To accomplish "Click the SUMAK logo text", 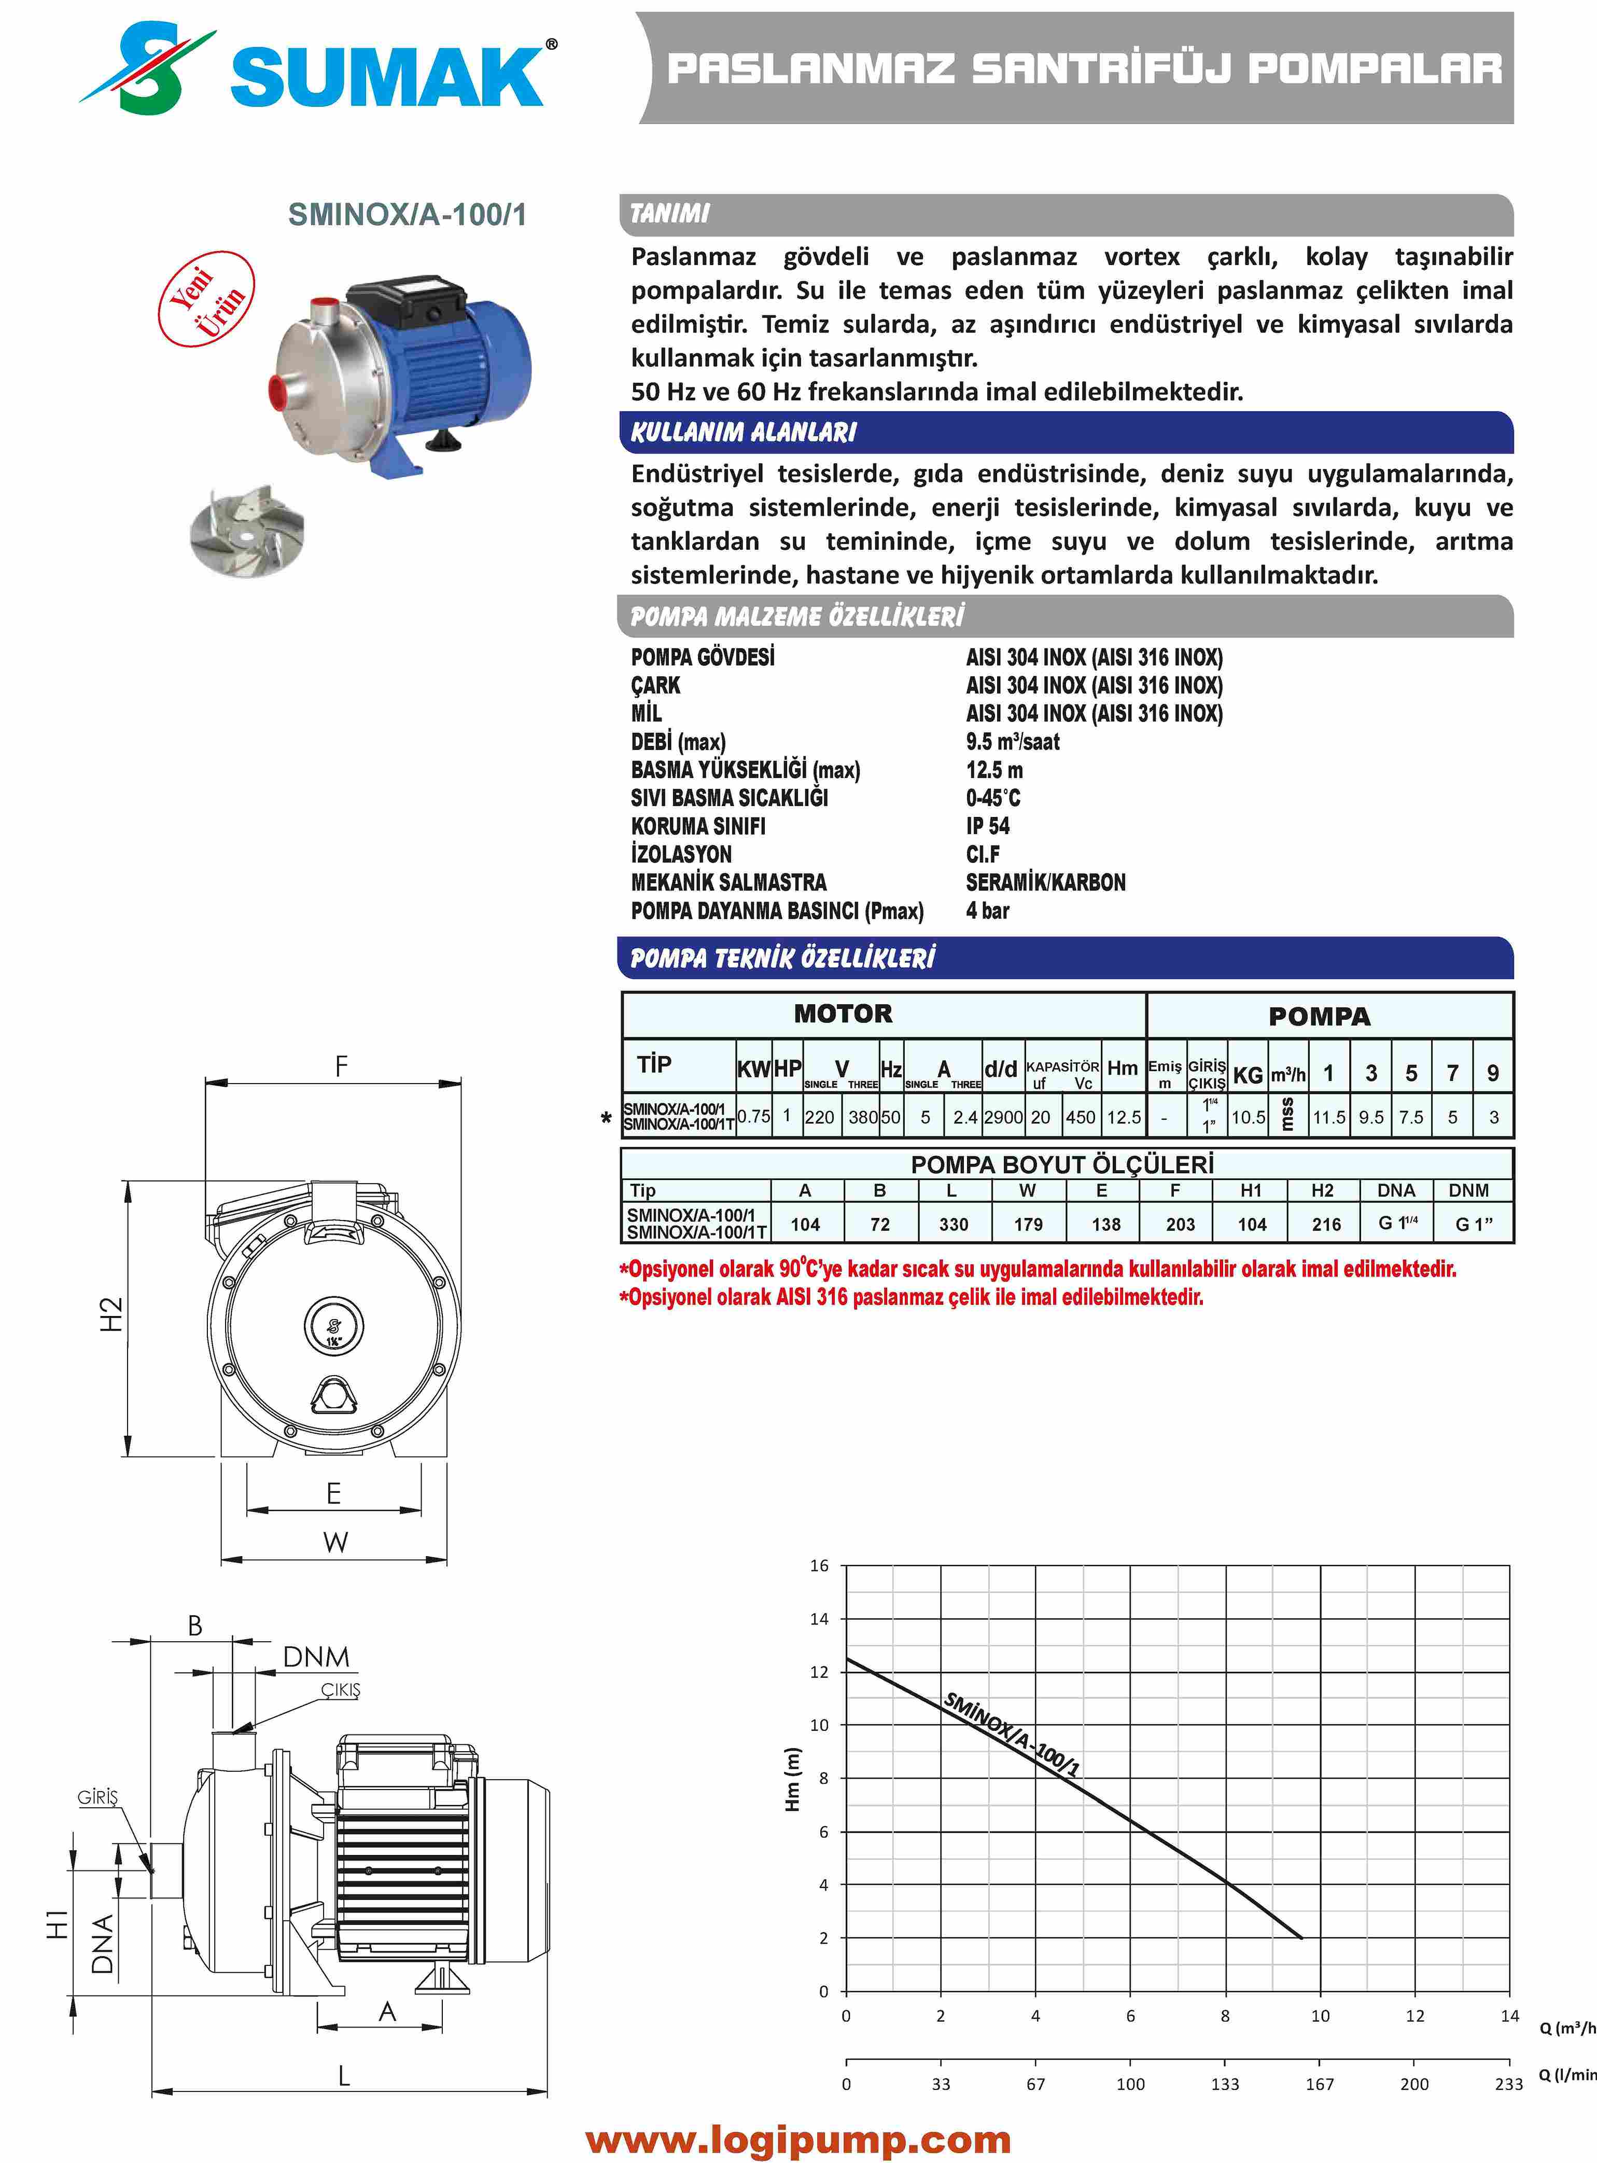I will tap(387, 75).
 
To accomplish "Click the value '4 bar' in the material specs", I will tap(987, 911).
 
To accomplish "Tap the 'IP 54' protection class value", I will tap(987, 826).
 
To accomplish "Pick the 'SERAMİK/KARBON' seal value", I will tap(1045, 882).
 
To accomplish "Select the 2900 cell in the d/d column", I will tap(1002, 1117).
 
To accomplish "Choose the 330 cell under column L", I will tap(953, 1224).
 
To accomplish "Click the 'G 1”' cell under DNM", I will tap(1473, 1224).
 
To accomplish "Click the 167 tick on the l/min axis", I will tap(1320, 2084).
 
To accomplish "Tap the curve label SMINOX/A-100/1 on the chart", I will tap(1010, 1734).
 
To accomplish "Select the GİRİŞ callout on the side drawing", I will tap(97, 1797).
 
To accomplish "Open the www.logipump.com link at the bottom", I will tap(797, 2140).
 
